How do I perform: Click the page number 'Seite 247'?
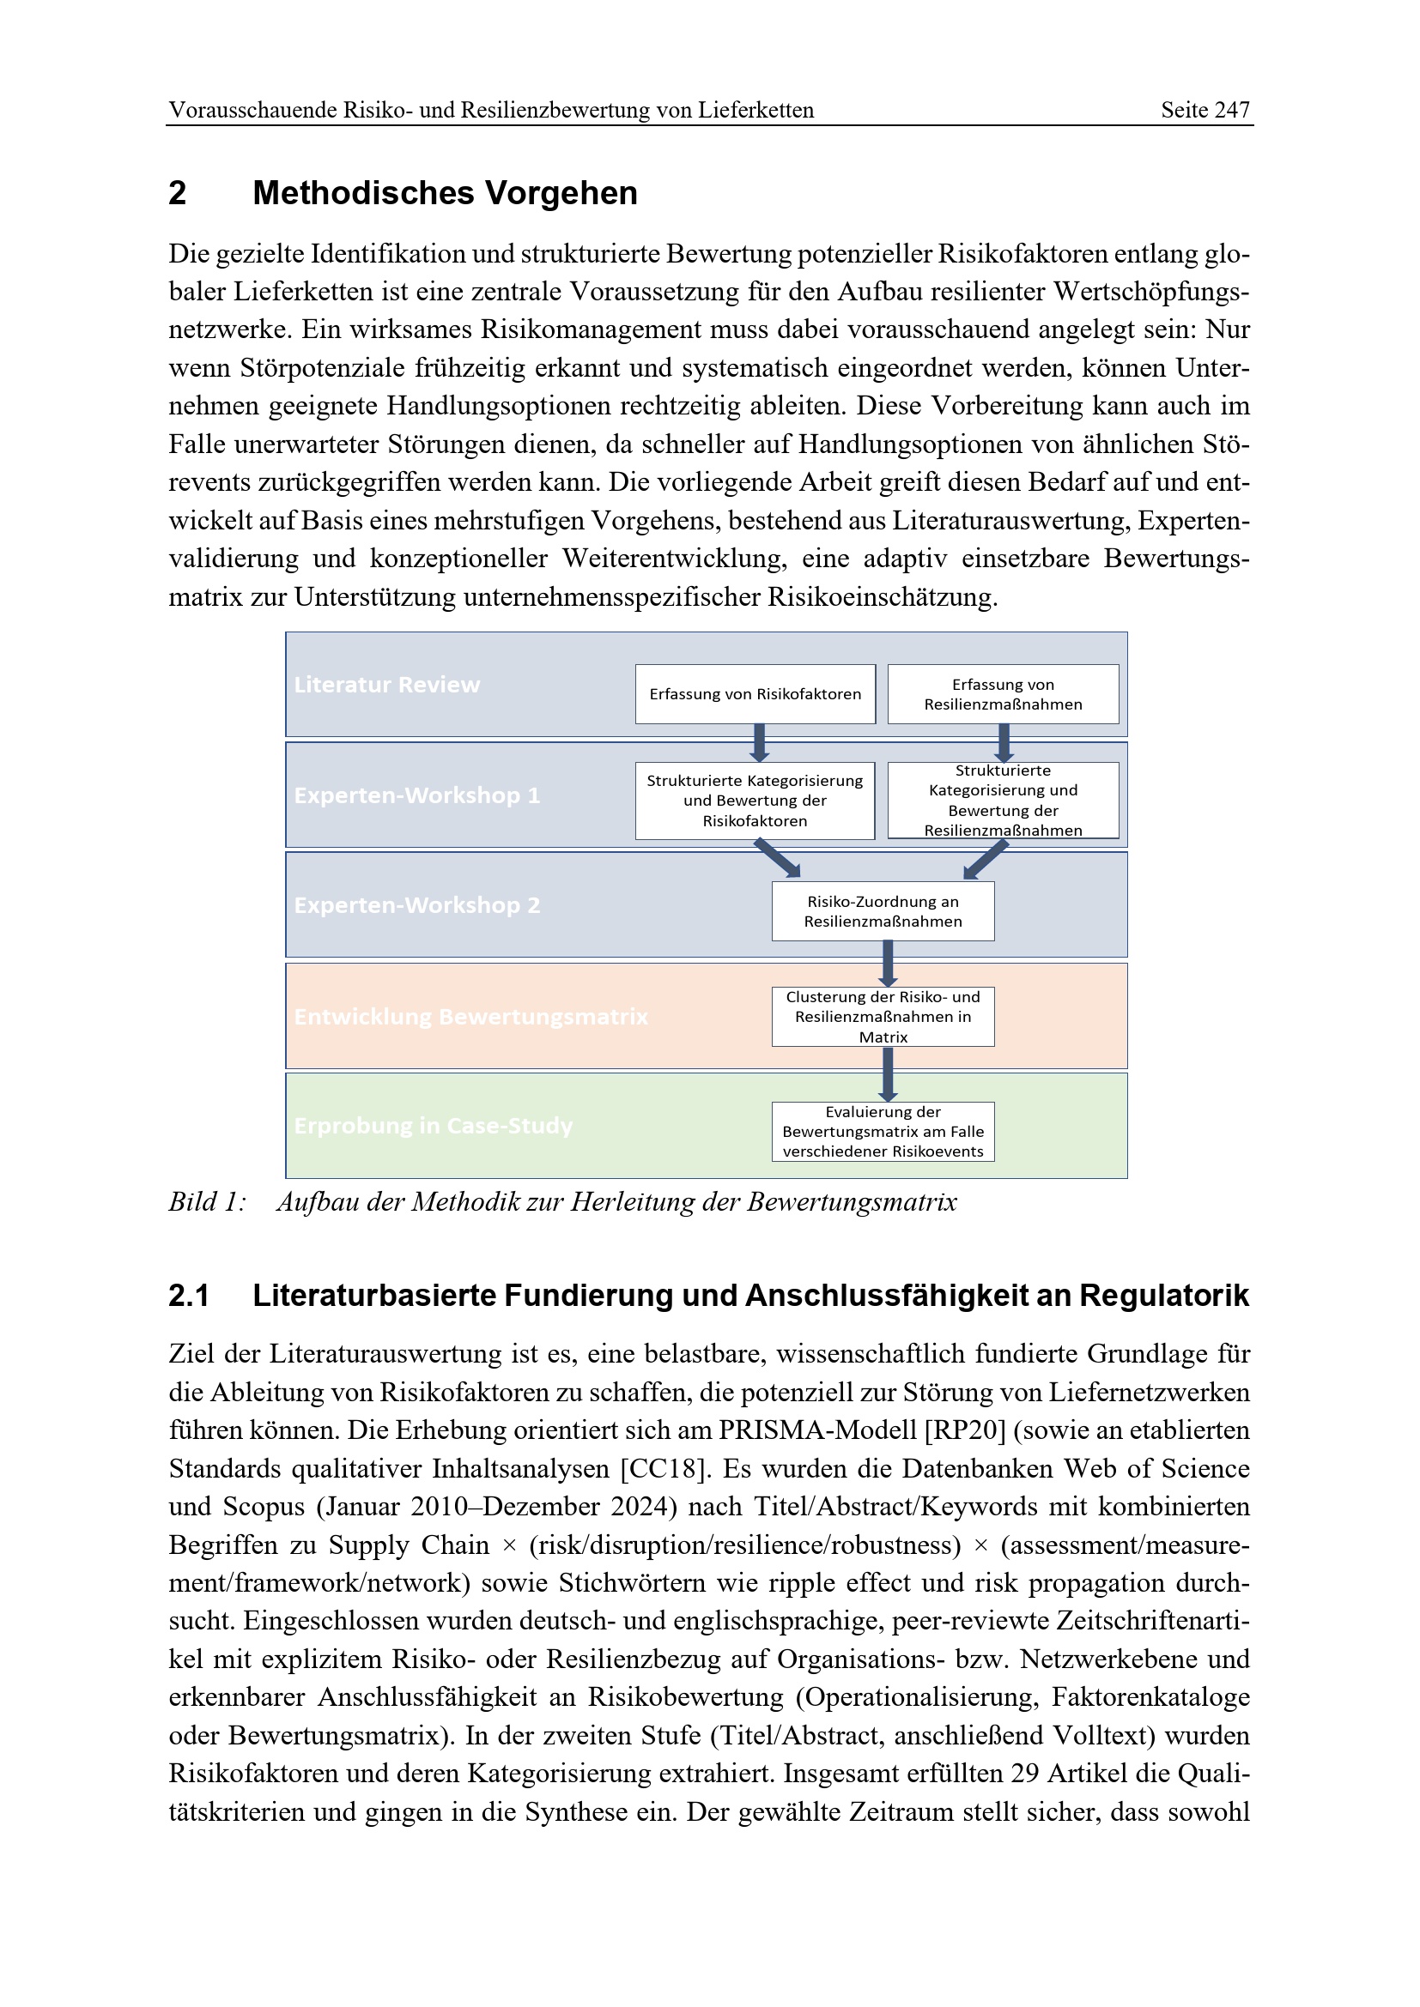click(1204, 110)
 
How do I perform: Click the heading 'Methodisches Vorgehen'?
click(444, 193)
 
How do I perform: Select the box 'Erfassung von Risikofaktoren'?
click(755, 694)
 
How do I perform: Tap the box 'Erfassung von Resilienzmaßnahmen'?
click(1003, 694)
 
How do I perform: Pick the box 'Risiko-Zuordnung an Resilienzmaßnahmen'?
click(883, 911)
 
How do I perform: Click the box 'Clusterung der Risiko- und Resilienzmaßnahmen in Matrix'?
click(883, 1017)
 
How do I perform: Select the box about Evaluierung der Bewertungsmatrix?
click(883, 1131)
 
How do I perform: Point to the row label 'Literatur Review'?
click(386, 685)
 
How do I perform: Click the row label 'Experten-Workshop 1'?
click(416, 795)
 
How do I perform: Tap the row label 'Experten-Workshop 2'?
click(416, 904)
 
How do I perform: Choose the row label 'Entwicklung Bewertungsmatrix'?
click(470, 1017)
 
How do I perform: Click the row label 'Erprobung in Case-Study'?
click(433, 1126)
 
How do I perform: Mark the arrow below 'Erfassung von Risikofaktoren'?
click(759, 742)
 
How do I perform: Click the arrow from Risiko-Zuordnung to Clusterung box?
click(888, 964)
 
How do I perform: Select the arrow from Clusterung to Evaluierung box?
click(888, 1074)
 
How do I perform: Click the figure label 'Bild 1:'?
click(207, 1203)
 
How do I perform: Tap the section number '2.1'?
click(188, 1296)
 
